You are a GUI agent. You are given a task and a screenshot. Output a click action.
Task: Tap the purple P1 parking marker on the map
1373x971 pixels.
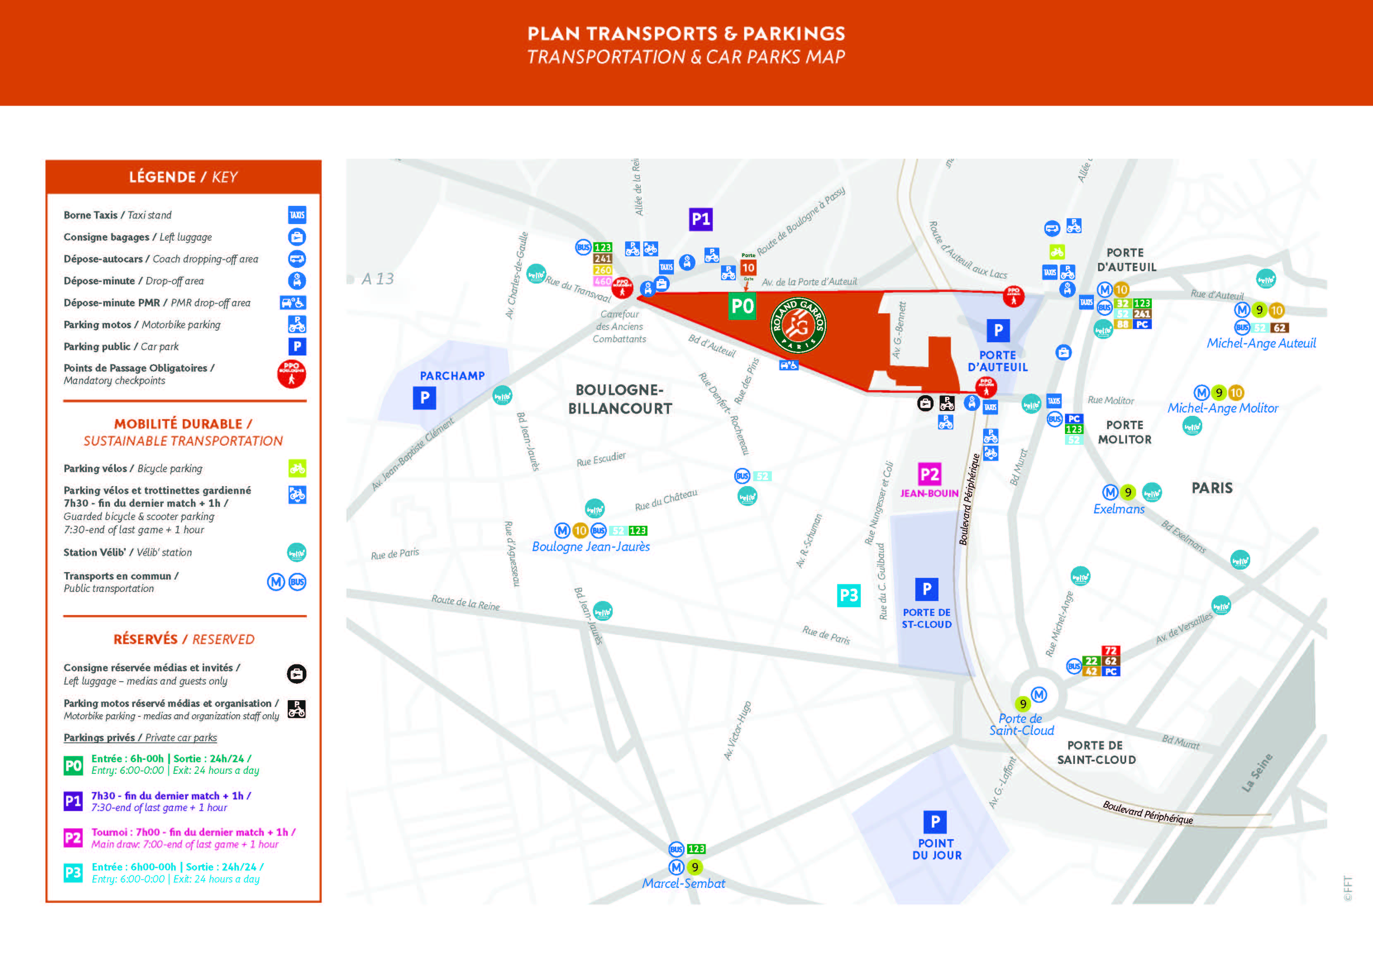click(x=700, y=219)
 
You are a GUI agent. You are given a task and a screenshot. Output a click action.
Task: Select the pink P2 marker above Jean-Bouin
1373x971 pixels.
click(x=929, y=474)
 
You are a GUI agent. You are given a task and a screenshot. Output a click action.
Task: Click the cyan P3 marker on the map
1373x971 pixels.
click(x=848, y=595)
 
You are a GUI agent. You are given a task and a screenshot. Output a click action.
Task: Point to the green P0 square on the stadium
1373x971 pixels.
click(x=742, y=306)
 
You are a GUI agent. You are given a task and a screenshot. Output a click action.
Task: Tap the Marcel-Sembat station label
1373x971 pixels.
click(x=683, y=883)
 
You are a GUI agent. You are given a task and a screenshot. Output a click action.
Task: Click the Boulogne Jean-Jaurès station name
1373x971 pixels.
click(x=591, y=546)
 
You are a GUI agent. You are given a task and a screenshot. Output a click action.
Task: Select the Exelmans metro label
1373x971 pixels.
click(x=1119, y=509)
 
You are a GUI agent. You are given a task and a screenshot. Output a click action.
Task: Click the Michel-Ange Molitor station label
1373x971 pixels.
click(x=1223, y=408)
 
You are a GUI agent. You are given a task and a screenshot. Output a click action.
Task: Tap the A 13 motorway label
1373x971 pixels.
click(x=377, y=279)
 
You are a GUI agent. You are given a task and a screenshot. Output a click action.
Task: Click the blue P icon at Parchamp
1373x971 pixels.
click(x=425, y=398)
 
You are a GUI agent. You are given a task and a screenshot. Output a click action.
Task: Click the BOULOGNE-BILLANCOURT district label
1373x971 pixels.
click(x=620, y=399)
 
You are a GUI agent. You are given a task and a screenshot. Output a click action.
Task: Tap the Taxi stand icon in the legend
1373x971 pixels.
click(x=297, y=215)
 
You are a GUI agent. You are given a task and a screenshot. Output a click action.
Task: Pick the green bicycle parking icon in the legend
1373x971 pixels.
click(x=297, y=468)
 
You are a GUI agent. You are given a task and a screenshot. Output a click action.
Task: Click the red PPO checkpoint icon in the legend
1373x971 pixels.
click(x=291, y=374)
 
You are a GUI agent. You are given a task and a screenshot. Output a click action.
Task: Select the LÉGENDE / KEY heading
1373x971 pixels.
click(x=184, y=177)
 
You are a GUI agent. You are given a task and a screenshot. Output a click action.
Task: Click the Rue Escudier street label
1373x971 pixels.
click(x=601, y=458)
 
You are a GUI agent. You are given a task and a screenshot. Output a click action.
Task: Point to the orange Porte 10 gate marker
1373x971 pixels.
click(x=748, y=267)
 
